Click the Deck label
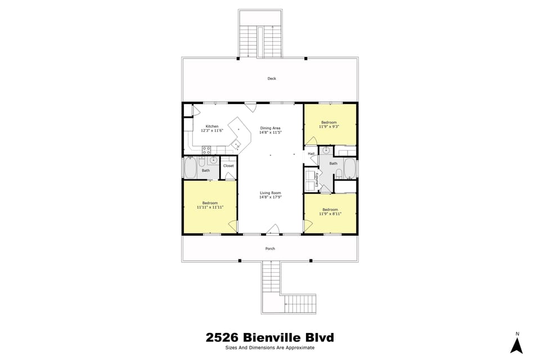(x=272, y=79)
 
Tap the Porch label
(x=270, y=249)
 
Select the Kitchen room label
(x=212, y=126)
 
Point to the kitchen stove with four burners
(x=206, y=150)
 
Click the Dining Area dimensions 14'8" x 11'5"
(x=270, y=133)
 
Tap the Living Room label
(x=270, y=193)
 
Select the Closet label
(x=228, y=166)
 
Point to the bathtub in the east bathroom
(x=349, y=168)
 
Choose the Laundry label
(x=317, y=179)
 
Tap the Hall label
(x=311, y=154)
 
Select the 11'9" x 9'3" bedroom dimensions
(x=329, y=127)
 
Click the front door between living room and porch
(x=273, y=229)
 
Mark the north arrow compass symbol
(x=516, y=343)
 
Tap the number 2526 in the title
(x=223, y=337)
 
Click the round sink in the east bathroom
(x=326, y=151)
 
